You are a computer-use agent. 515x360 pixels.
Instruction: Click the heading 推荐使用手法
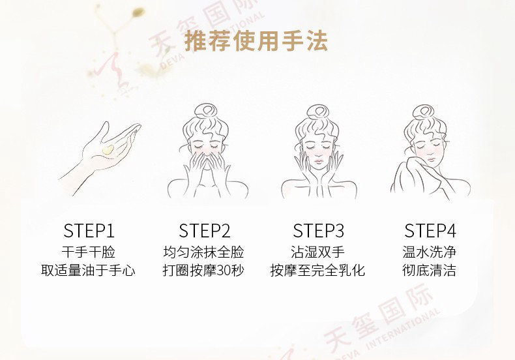pos(256,41)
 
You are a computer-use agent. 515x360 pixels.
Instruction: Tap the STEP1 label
pos(89,231)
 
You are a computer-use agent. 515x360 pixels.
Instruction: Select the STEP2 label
pos(204,231)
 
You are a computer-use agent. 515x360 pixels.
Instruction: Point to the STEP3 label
pos(318,231)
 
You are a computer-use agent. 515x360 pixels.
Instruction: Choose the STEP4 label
pos(430,231)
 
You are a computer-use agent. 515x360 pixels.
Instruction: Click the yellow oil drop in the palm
pos(108,150)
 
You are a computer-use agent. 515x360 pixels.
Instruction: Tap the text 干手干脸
pos(89,252)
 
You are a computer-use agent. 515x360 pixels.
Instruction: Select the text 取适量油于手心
pos(89,271)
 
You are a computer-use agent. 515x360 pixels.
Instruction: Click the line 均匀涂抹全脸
pos(203,252)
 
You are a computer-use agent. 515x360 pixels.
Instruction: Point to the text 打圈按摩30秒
pos(203,271)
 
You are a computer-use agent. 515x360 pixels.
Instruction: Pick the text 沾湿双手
pos(317,252)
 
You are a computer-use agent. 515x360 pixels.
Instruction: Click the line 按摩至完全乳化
pos(317,271)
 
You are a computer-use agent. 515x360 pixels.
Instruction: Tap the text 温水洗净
pos(430,252)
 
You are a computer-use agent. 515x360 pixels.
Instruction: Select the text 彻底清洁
pos(430,271)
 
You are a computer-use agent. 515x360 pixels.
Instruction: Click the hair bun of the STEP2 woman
pos(205,111)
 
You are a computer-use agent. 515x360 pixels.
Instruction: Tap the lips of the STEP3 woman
pos(318,161)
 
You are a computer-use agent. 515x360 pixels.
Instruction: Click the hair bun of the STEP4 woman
pos(424,112)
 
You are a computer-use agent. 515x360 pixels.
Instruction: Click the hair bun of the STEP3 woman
pos(318,112)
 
